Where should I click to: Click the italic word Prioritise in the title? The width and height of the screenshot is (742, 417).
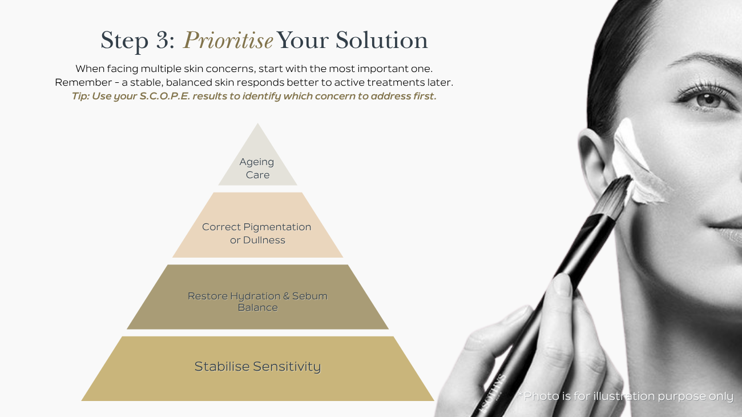(228, 41)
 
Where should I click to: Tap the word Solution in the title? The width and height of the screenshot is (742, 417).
(382, 41)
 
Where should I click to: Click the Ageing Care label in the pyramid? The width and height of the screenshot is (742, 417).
(257, 169)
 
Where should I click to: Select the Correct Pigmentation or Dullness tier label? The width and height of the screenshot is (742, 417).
(257, 234)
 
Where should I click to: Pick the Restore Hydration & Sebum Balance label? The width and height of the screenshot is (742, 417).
(257, 302)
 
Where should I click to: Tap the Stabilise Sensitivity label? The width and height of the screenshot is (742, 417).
(257, 367)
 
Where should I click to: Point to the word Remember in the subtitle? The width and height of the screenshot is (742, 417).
(83, 82)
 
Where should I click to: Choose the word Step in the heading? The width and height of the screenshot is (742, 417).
(124, 41)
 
